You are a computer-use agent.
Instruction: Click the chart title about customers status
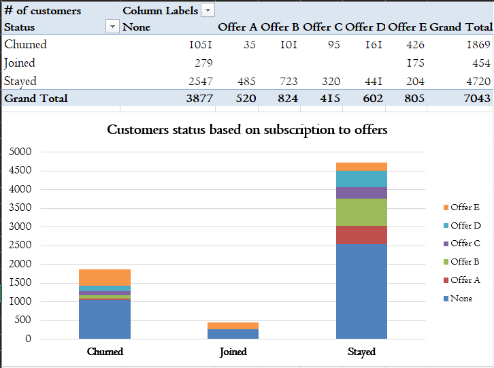[x=247, y=129]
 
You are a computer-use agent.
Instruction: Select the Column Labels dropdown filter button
[x=208, y=10]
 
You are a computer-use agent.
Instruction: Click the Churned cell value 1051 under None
[x=201, y=45]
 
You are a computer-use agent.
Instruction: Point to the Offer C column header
[x=322, y=27]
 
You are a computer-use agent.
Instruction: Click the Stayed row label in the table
[x=20, y=81]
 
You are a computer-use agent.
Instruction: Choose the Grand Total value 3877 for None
[x=199, y=99]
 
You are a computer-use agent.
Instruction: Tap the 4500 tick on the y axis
[x=20, y=171]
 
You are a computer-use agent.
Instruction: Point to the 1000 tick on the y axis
[x=20, y=301]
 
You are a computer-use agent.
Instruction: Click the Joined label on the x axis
[x=233, y=352]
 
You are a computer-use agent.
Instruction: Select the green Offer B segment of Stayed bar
[x=361, y=212]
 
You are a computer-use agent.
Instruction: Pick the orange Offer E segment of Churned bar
[x=105, y=277]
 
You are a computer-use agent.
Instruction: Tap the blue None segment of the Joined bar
[x=233, y=333]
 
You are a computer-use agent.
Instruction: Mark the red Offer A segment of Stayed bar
[x=361, y=235]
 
